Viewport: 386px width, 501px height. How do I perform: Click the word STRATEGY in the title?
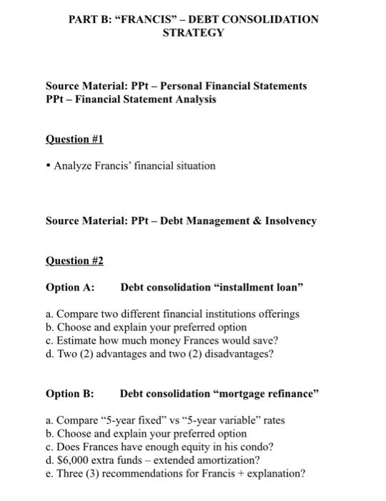point(193,33)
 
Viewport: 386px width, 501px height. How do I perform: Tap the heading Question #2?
point(74,261)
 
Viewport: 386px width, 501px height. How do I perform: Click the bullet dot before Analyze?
point(49,166)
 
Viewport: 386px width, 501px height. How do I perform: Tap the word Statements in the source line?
point(280,86)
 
